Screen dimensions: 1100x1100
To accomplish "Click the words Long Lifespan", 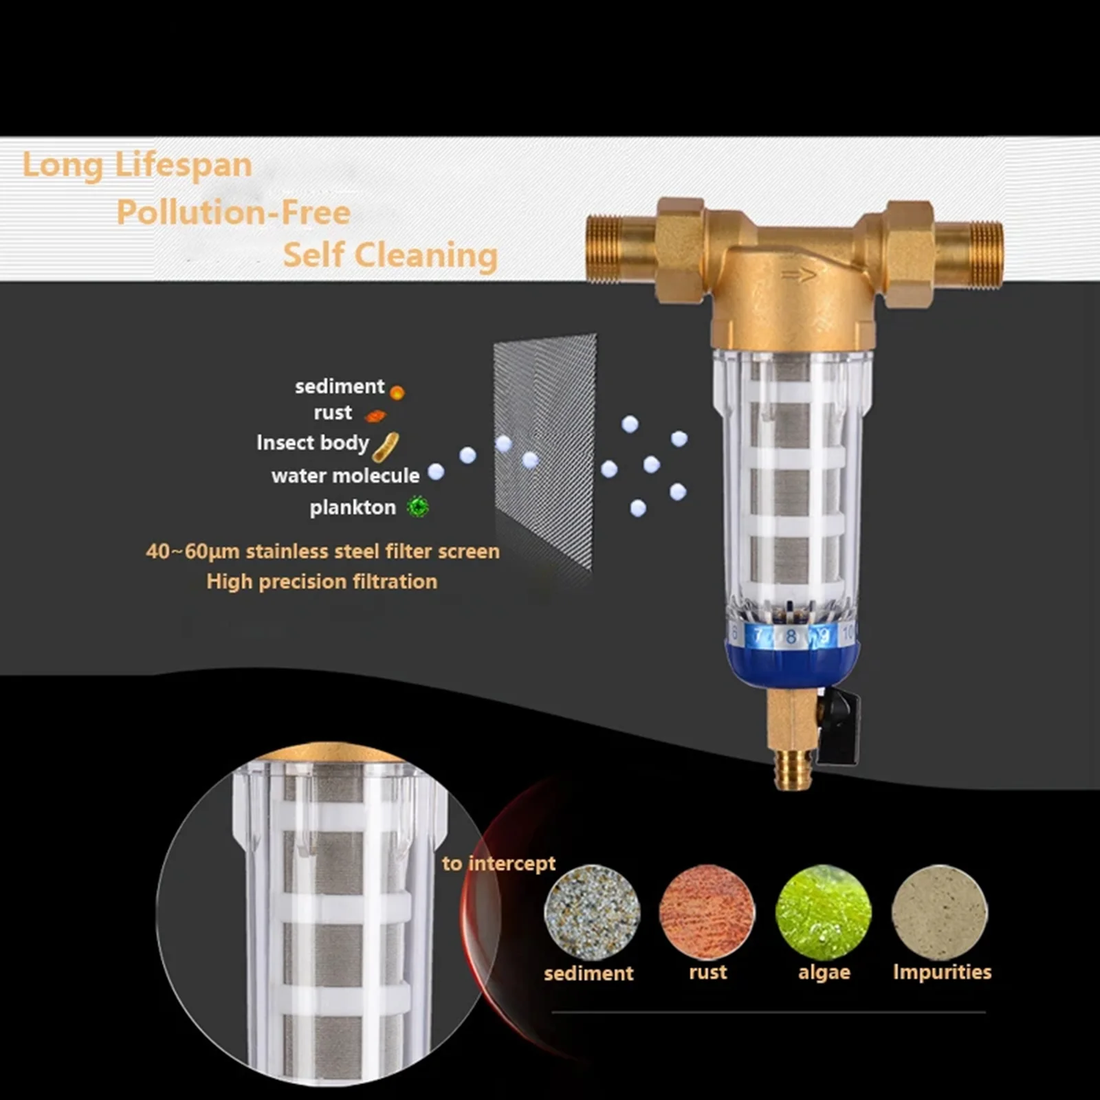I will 137,166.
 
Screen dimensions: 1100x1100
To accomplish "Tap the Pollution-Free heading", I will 233,212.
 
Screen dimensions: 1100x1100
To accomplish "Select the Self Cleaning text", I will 390,255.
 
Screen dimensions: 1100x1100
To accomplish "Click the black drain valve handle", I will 840,727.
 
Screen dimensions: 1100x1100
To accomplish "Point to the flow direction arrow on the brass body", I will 798,275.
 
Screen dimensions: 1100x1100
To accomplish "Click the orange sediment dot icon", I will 397,393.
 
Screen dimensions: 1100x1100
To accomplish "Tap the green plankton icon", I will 417,507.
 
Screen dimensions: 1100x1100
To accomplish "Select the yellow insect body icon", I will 386,447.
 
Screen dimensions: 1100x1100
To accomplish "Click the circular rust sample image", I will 707,912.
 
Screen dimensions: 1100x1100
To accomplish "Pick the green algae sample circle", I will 823,912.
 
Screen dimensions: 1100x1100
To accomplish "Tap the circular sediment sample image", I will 591,912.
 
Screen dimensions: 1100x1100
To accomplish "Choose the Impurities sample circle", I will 939,912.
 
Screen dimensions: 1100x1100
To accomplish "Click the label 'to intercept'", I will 498,863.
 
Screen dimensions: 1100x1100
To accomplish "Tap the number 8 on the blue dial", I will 791,637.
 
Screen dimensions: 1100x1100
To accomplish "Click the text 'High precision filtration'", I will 322,582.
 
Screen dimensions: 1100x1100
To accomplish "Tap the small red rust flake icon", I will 375,415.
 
